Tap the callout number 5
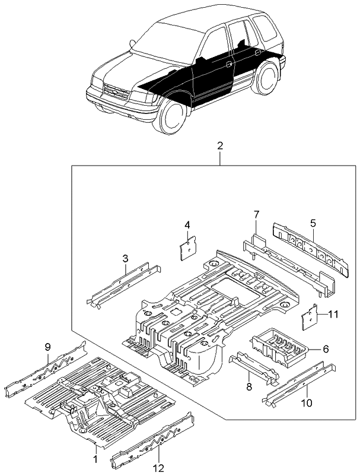(x=313, y=224)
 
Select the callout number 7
(x=256, y=214)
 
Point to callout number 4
(x=187, y=225)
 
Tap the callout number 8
(x=249, y=387)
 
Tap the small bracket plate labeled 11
(x=310, y=318)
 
